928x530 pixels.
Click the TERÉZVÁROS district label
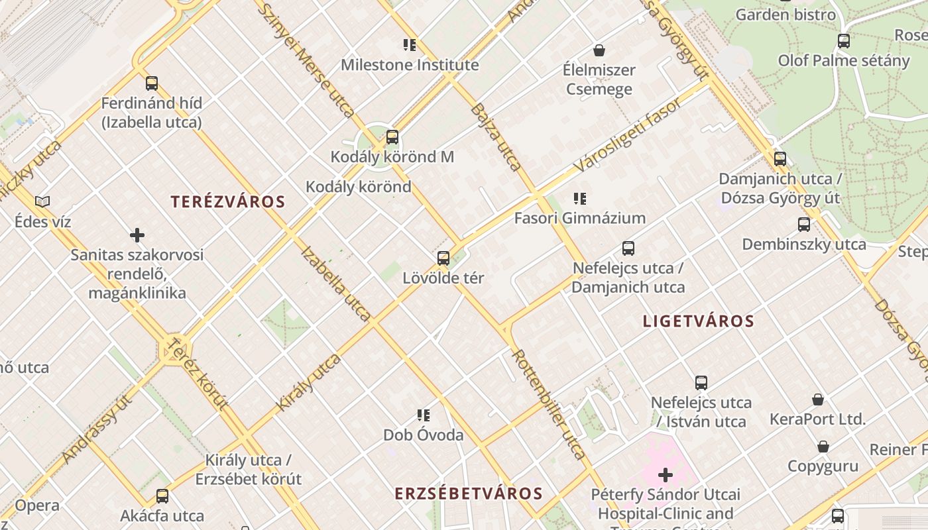tap(228, 202)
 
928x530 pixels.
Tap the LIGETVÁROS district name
tap(699, 322)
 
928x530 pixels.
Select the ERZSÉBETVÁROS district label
tap(469, 494)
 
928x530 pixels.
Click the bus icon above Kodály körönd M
tap(392, 137)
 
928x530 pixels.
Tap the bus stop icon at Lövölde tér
tap(443, 258)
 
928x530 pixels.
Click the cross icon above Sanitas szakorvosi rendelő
tap(137, 235)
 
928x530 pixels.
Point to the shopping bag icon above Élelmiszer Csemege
tap(599, 50)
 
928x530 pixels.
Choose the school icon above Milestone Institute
tap(410, 45)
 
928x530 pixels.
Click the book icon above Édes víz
tap(42, 201)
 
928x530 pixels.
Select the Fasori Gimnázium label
tap(580, 218)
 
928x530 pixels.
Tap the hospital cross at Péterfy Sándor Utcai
tap(666, 474)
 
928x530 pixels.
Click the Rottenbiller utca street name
tap(549, 404)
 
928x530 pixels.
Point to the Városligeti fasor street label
tap(628, 136)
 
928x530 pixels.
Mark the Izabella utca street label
tap(335, 283)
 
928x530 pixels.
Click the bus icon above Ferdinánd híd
tap(152, 83)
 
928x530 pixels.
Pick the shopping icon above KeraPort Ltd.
tap(818, 399)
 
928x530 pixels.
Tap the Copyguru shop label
tap(823, 466)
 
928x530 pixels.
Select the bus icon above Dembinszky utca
tap(804, 225)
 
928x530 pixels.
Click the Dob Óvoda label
tap(423, 435)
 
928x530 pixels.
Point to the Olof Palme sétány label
tap(844, 61)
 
